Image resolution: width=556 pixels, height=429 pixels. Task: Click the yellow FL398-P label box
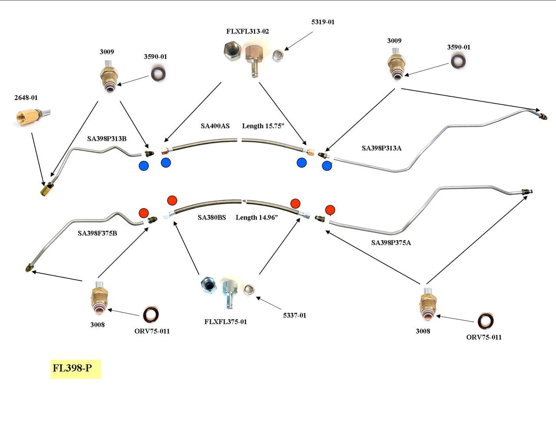(76, 369)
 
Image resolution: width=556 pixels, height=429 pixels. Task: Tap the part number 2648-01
(26, 98)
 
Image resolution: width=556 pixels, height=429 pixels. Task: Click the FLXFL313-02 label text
(248, 32)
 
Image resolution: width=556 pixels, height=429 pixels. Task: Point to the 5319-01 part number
(323, 22)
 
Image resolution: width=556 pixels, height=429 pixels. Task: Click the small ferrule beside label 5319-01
(278, 56)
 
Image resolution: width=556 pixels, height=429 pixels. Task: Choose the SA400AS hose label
(215, 126)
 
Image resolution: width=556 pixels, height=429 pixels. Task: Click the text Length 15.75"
(263, 126)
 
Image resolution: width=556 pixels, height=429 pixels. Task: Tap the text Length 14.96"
(257, 218)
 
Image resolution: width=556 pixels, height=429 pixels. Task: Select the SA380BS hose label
(212, 218)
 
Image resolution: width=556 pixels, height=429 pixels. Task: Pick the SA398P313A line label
(381, 148)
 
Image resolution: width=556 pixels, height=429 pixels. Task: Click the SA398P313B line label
(107, 139)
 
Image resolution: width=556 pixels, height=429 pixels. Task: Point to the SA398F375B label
(97, 233)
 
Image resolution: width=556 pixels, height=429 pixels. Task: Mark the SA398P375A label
(391, 243)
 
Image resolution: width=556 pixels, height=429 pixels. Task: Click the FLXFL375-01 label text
(225, 322)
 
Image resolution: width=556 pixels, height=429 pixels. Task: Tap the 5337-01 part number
(295, 315)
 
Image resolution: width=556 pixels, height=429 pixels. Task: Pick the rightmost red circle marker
(330, 210)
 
